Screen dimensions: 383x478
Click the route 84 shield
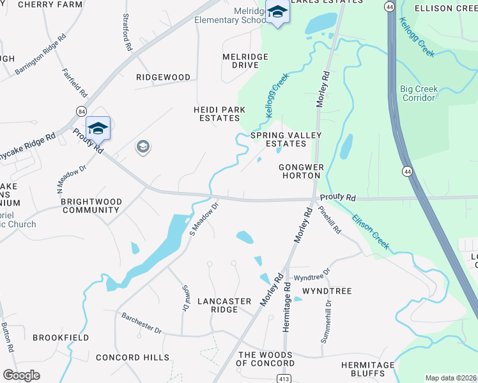[x=81, y=111]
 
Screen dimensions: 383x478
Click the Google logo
[x=21, y=375]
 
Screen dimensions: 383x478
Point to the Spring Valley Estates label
[x=286, y=140]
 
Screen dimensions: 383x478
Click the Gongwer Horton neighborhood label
[x=299, y=171]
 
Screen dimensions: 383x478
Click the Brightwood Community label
[x=90, y=206]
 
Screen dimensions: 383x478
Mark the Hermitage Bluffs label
[x=367, y=370]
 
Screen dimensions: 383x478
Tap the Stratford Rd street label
[x=127, y=33]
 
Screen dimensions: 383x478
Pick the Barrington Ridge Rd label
[x=41, y=54]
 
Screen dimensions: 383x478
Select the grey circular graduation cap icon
[x=143, y=147]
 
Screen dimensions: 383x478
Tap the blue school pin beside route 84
[x=98, y=129]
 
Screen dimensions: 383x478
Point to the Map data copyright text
[x=451, y=378]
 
